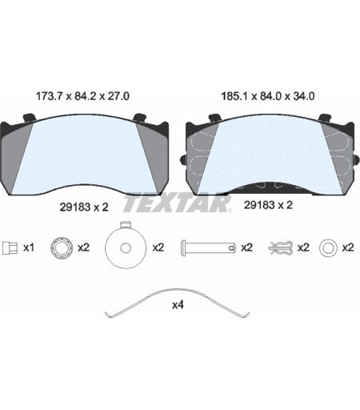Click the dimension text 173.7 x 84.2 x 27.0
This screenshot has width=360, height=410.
click(x=82, y=96)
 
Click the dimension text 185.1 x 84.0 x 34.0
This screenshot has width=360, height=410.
click(x=268, y=96)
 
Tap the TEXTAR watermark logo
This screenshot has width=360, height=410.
click(x=177, y=203)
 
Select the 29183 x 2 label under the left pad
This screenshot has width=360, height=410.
click(x=84, y=207)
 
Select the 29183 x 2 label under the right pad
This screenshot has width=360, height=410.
click(x=268, y=205)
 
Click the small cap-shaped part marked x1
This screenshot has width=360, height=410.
click(x=10, y=247)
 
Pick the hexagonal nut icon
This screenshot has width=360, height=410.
click(x=62, y=247)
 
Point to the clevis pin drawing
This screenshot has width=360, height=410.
click(x=208, y=248)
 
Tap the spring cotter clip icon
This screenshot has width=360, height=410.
click(x=281, y=248)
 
